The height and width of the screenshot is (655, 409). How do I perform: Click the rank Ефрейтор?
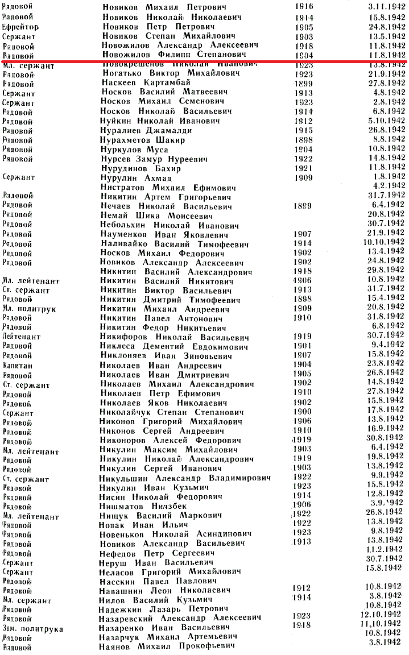pyautogui.click(x=20, y=27)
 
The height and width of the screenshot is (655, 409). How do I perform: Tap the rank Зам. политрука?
pyautogui.click(x=32, y=629)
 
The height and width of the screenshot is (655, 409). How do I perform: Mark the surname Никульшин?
pyautogui.click(x=125, y=476)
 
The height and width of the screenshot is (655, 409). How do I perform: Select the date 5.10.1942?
pyautogui.click(x=386, y=121)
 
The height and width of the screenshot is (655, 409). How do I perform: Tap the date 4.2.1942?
pyautogui.click(x=390, y=185)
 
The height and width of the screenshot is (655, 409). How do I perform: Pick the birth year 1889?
pyautogui.click(x=303, y=206)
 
